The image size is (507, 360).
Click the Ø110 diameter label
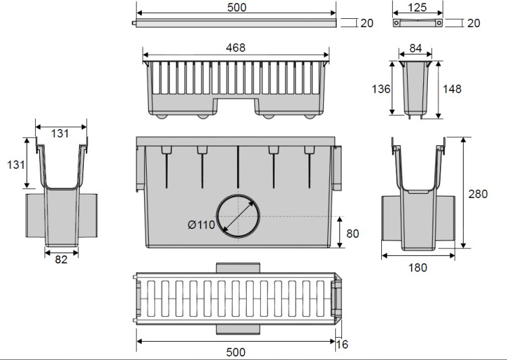pos(201,225)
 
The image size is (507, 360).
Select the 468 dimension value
pos(235,48)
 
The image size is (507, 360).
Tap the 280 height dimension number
pos(478,194)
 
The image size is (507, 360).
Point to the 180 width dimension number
pos(418,267)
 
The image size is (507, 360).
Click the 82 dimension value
pos(61,259)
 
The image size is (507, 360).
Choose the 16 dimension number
pos(342,344)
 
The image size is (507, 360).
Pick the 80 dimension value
pos(352,234)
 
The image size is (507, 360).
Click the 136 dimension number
pos(381,89)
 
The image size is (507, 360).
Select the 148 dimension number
pos(452,89)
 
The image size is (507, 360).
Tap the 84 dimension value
pos(416,48)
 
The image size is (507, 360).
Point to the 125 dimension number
pos(418,7)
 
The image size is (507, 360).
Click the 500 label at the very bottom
pos(236,353)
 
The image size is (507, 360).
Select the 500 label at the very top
pos(237,7)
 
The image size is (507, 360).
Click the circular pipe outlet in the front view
pos(238,216)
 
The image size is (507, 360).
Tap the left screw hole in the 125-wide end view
pos(396,23)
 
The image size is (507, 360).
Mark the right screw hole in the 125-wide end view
pos(439,23)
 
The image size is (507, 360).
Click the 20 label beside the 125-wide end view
pos(474,23)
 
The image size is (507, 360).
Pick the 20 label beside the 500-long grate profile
pos(366,23)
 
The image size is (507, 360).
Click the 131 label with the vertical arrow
pos(16,165)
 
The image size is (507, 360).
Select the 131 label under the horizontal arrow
pos(59,134)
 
